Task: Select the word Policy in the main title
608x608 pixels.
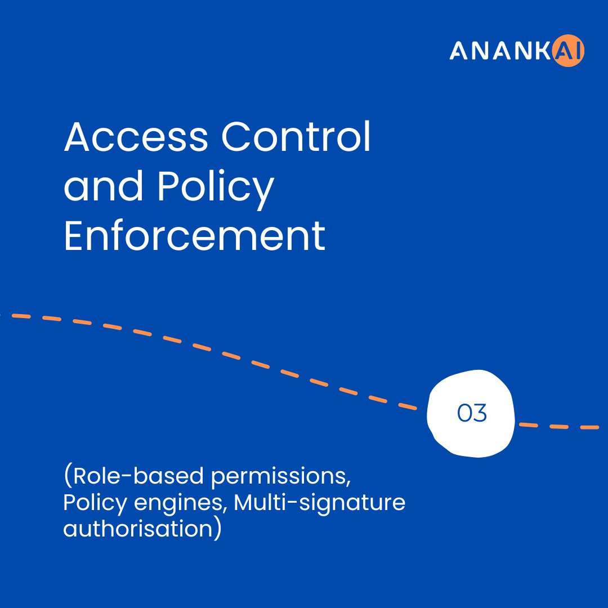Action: coord(214,189)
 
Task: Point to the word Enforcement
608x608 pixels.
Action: coord(194,236)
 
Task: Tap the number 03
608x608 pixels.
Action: coord(472,414)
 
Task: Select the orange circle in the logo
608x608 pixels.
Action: coord(570,52)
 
